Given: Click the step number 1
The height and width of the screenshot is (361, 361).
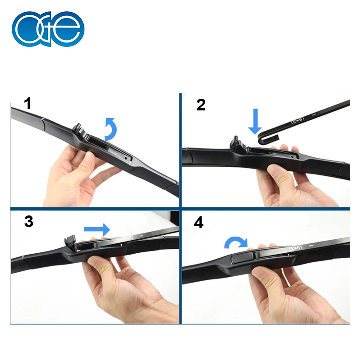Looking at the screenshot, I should [x=28, y=104].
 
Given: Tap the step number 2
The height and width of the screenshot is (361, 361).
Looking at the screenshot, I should [x=201, y=105].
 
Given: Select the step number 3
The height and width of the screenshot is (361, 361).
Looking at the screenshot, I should [x=29, y=222].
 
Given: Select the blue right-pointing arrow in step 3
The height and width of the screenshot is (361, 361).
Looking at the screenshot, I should [x=96, y=229].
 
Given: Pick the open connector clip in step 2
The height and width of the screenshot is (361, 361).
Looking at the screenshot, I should [x=238, y=144].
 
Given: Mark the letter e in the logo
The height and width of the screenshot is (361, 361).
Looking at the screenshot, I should [x=69, y=29].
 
